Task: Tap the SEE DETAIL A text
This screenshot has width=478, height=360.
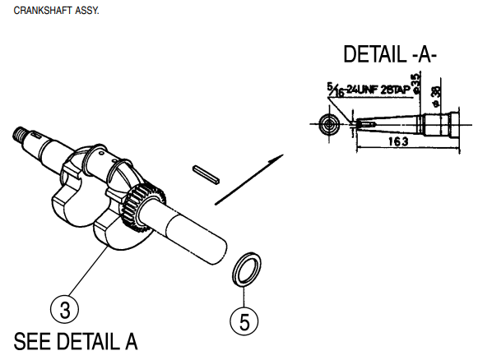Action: coord(76,340)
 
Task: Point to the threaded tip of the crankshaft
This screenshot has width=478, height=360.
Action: coord(24,135)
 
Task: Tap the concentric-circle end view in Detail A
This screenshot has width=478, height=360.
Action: coord(329,124)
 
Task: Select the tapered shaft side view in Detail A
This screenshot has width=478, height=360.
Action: coord(403,124)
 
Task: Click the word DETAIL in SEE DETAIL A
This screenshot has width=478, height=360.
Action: coord(85,340)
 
